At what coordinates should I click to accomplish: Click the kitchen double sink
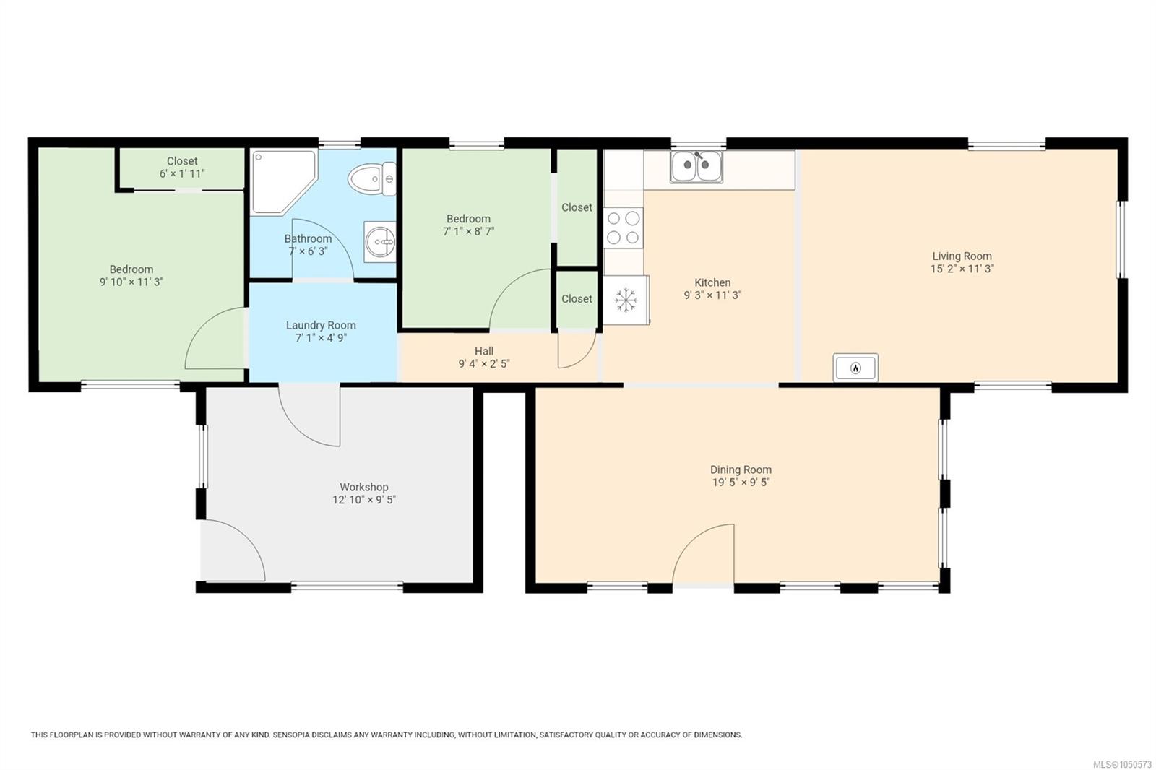[696, 166]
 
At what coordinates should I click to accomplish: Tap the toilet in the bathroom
[371, 179]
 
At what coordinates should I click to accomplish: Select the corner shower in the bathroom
[283, 182]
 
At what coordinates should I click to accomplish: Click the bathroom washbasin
[380, 241]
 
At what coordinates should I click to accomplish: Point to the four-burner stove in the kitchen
[624, 228]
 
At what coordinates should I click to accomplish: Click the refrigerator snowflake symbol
[626, 300]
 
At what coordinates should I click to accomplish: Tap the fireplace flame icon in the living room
[855, 368]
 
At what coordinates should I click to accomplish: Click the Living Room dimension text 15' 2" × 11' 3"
[962, 269]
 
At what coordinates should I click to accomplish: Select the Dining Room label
[741, 470]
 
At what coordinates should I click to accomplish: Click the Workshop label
[364, 487]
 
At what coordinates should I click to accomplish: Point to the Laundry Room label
[321, 326]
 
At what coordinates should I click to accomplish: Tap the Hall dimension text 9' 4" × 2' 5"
[484, 364]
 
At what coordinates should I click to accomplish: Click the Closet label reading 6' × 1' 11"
[182, 174]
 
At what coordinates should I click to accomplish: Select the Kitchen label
[712, 283]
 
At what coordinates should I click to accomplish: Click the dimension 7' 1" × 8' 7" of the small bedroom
[469, 232]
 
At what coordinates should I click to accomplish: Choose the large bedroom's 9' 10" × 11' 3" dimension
[131, 282]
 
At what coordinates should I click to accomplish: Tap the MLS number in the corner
[1122, 764]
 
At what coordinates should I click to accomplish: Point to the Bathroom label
[308, 239]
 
